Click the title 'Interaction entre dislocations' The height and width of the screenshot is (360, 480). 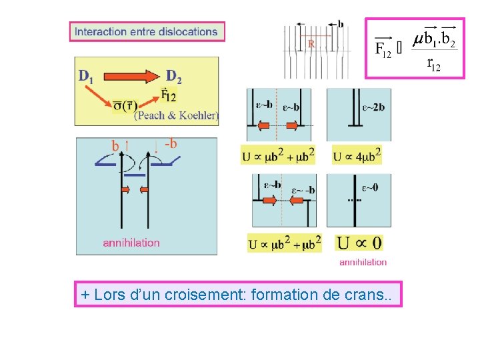tap(147, 31)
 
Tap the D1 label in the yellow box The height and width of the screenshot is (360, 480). tap(86, 76)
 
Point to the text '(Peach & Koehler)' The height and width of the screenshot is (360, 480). tap(176, 115)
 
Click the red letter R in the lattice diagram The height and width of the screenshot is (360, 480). tap(311, 44)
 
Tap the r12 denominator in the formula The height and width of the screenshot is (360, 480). tap(433, 65)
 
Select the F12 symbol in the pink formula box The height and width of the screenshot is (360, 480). tap(382, 47)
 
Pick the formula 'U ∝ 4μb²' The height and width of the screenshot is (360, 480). tap(357, 155)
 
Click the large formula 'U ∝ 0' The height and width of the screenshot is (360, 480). tap(359, 243)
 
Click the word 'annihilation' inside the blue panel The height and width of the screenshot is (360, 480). tap(131, 243)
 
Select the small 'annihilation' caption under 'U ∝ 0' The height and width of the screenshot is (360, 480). tap(363, 262)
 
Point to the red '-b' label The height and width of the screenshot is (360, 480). tap(170, 143)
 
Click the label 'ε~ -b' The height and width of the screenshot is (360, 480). tap(303, 191)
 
